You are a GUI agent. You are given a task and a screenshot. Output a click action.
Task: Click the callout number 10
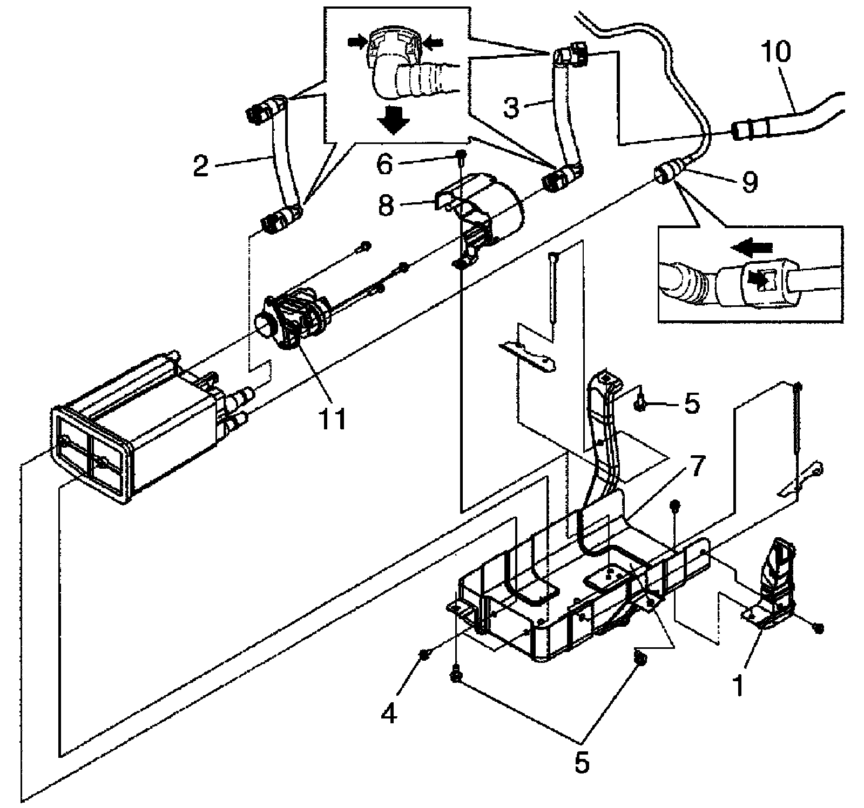pos(776,52)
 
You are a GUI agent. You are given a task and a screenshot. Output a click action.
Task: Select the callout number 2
pos(200,166)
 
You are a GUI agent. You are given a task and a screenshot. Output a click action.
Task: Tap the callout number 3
pos(511,107)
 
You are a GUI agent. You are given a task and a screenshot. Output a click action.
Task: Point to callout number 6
pos(384,163)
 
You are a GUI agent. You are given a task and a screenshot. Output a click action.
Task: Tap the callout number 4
pos(389,713)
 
